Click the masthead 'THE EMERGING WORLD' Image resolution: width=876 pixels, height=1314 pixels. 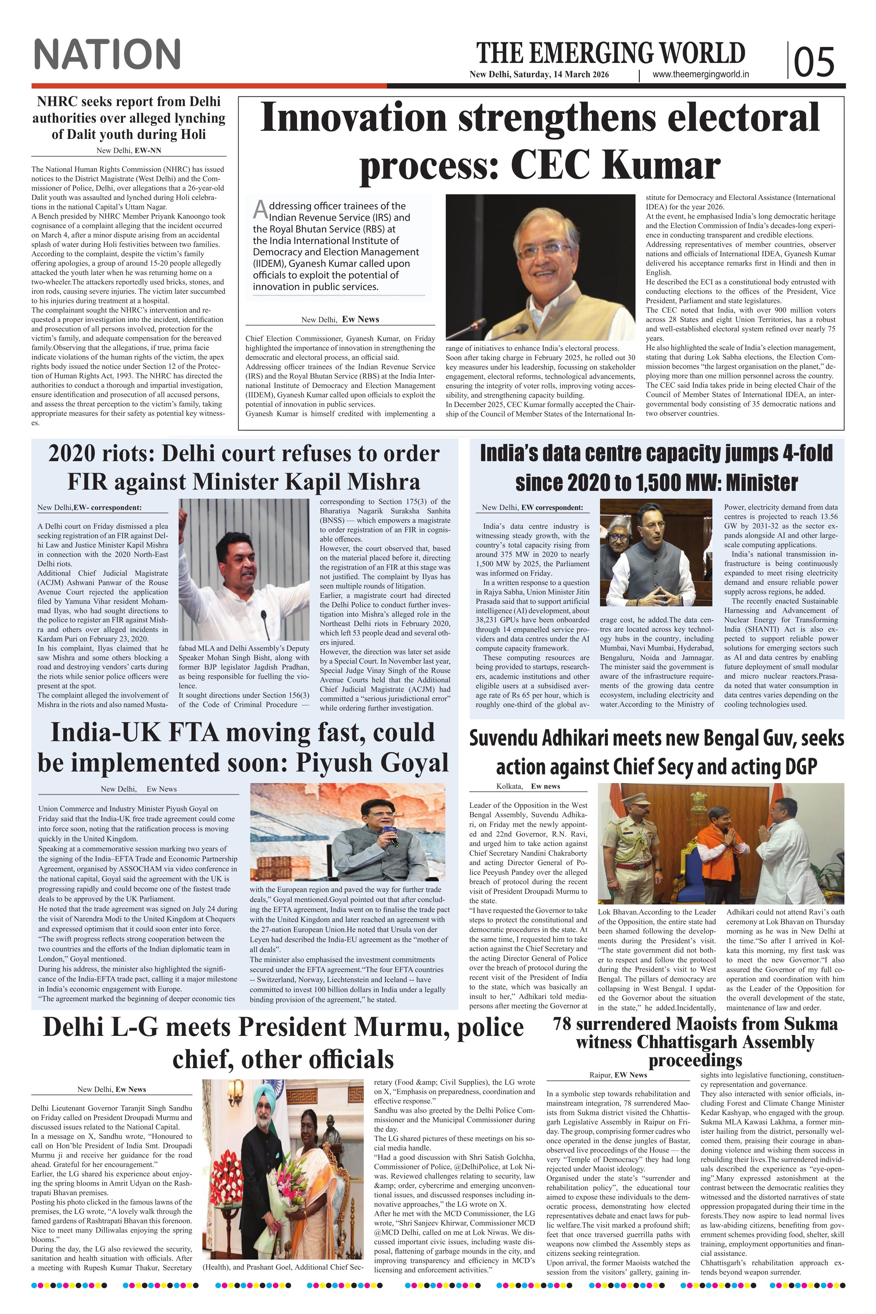pos(611,53)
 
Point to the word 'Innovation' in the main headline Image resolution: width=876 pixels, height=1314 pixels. pos(353,119)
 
